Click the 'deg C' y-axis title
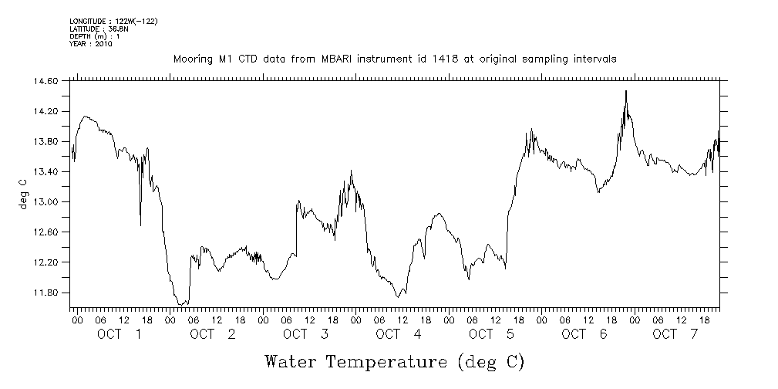(x=22, y=193)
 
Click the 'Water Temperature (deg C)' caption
(x=394, y=361)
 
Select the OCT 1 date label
(x=120, y=334)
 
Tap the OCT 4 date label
(x=399, y=334)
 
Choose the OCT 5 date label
(x=492, y=334)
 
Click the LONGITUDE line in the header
(x=113, y=21)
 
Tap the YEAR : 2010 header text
(x=91, y=44)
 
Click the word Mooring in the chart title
(x=193, y=59)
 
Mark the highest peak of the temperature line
(x=625, y=91)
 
